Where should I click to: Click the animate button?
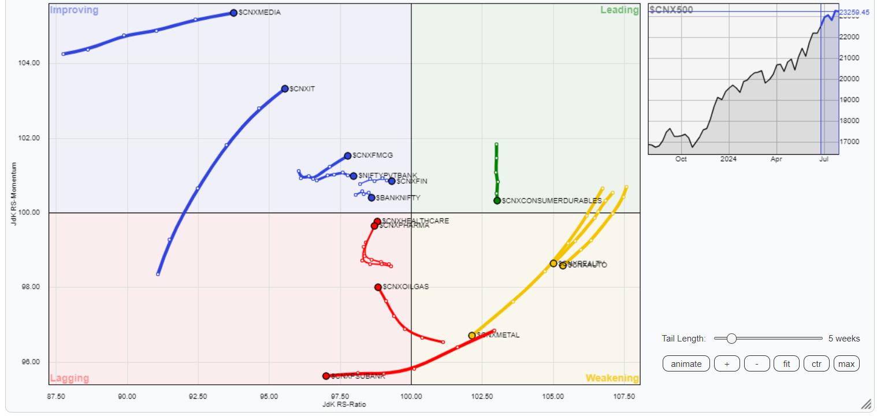[x=686, y=364]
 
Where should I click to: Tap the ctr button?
[x=816, y=364]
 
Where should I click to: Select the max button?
[x=846, y=364]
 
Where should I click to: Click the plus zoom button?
[x=727, y=364]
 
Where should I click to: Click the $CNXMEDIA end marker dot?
[x=233, y=13]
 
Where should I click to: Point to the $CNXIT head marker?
[x=285, y=88]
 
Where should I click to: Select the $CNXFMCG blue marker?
[x=348, y=155]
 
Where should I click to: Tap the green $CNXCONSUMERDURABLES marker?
[x=497, y=200]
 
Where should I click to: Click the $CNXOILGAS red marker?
[x=378, y=287]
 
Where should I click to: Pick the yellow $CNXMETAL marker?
[x=472, y=336]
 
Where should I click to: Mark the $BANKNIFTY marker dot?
[x=371, y=198]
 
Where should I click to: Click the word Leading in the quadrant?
[x=619, y=10]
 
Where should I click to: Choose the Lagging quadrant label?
[x=69, y=378]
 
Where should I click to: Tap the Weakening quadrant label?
[x=612, y=378]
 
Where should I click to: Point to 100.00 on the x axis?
[x=411, y=396]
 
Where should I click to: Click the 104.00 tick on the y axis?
[x=28, y=63]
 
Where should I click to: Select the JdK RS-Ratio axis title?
[x=344, y=404]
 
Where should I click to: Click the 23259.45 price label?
[x=858, y=12]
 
